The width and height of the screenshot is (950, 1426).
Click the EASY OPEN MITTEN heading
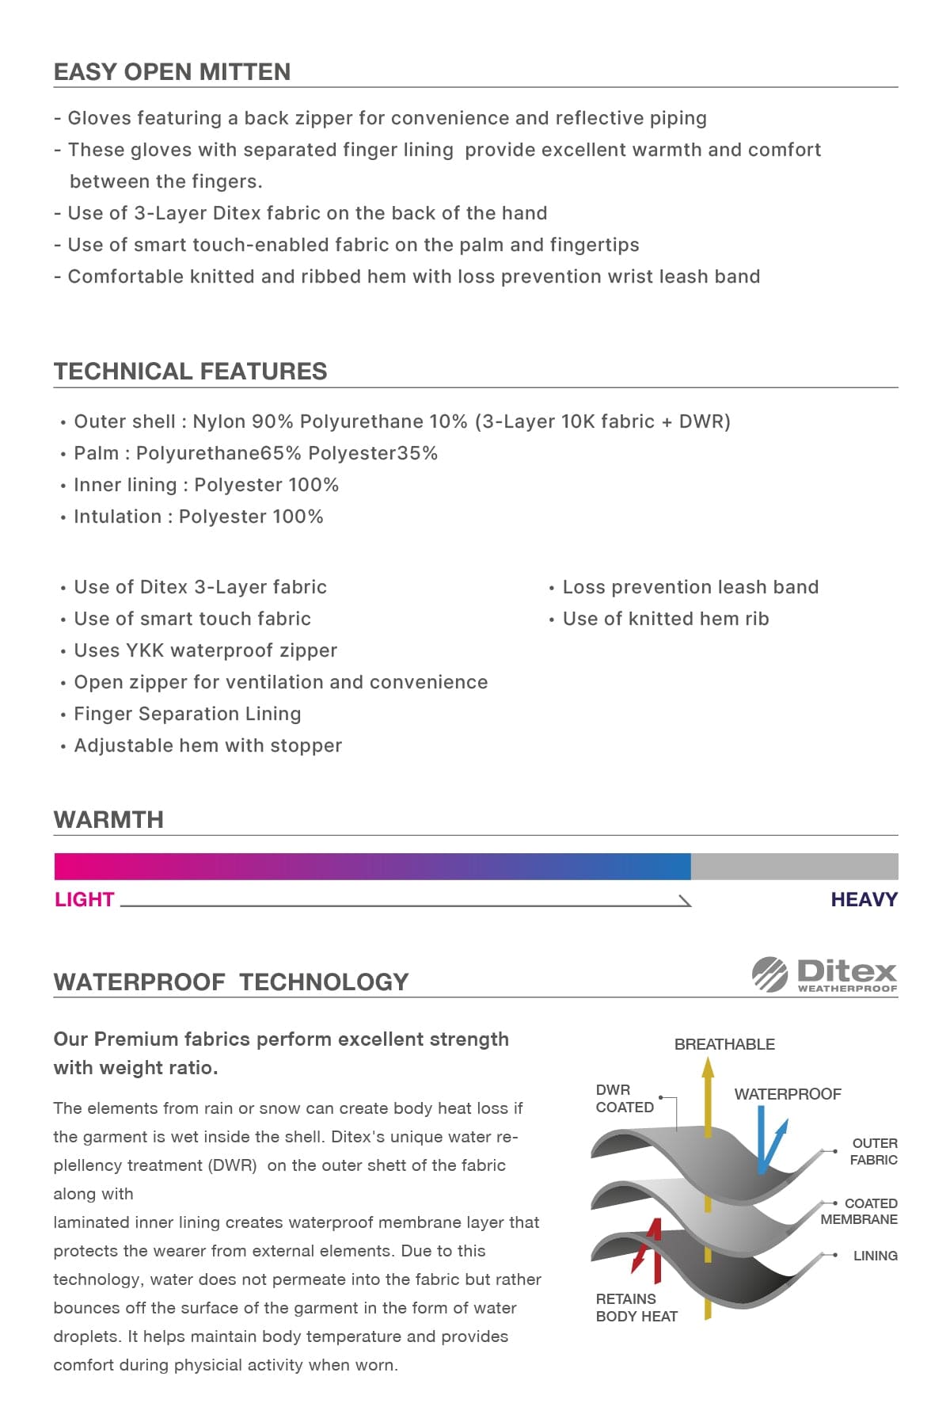point(172,72)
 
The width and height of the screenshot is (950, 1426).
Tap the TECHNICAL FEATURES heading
point(190,372)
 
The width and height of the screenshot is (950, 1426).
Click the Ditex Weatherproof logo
point(824,974)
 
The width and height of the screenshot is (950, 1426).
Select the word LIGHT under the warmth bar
point(84,900)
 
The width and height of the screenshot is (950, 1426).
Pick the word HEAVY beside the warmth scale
point(864,900)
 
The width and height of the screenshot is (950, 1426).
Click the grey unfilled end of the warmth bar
point(794,867)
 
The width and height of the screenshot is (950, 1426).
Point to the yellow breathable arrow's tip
point(708,1066)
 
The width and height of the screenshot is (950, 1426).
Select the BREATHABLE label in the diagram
point(724,1045)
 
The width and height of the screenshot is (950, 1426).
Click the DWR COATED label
point(624,1099)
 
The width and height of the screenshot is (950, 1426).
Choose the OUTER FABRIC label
point(873,1152)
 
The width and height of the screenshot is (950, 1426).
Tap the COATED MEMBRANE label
point(860,1211)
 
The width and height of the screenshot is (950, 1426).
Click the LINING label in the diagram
point(875,1256)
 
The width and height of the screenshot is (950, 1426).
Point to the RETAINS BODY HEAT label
point(636,1308)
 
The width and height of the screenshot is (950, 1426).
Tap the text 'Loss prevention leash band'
point(690,587)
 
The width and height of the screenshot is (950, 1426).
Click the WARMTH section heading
point(108,820)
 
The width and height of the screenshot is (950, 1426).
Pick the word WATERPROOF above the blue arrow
point(787,1094)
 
